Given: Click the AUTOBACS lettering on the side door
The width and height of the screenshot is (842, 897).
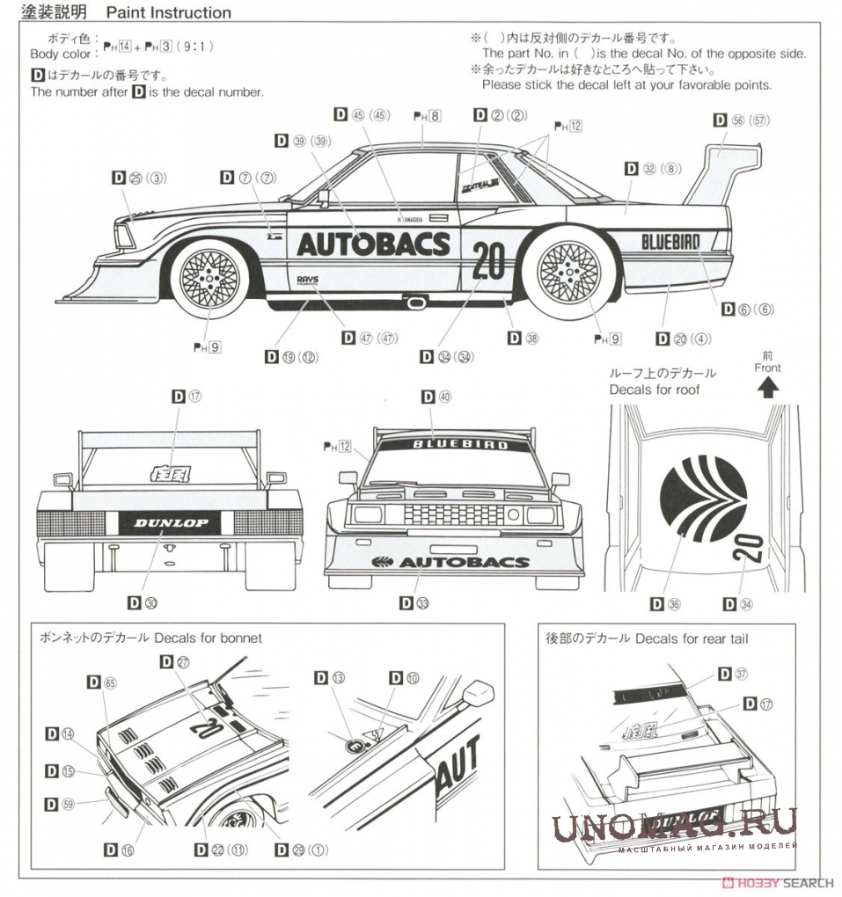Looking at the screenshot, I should tap(373, 244).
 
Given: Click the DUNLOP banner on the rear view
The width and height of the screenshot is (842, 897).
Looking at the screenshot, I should tap(171, 523).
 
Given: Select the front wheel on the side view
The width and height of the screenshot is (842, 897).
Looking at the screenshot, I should tap(209, 278).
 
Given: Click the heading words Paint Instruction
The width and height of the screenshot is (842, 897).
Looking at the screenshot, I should tap(168, 13).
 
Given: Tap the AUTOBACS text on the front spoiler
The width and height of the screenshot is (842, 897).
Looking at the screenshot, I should tap(464, 562).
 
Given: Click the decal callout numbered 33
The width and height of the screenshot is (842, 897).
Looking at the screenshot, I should tap(414, 602).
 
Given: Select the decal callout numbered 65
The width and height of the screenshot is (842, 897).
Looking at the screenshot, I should tap(103, 682).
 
